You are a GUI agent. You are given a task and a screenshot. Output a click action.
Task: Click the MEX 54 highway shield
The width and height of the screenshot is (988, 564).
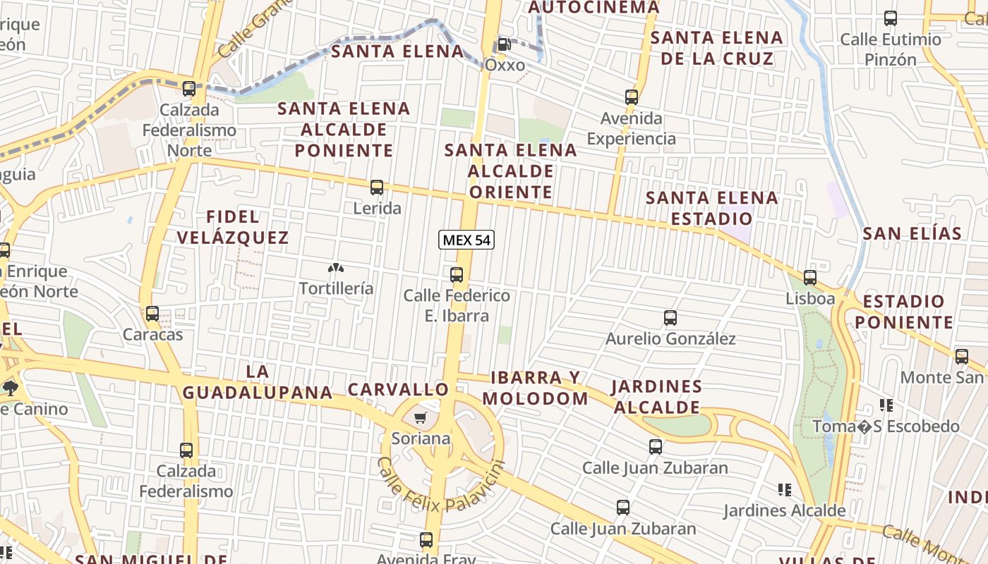[x=466, y=240]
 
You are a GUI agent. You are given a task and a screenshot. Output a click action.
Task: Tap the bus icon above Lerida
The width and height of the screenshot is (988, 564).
[x=377, y=188]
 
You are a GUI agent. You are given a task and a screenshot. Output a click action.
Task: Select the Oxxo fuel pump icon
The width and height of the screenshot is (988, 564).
[x=504, y=44]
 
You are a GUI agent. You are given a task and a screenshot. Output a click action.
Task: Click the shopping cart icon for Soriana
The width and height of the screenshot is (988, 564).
[x=421, y=419]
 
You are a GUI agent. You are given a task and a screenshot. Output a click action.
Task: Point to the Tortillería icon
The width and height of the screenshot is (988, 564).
[x=336, y=269]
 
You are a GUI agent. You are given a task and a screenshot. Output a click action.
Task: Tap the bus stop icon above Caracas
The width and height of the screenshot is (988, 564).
[x=152, y=314]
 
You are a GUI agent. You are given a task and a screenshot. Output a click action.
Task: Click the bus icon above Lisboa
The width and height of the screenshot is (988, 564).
[x=810, y=278]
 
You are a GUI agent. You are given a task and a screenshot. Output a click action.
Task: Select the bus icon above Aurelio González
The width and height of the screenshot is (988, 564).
[x=670, y=318]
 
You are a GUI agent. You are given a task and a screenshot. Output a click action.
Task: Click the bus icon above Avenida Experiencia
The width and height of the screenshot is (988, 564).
[x=632, y=97]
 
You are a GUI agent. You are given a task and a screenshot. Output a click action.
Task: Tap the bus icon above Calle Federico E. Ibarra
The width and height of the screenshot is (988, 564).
[x=457, y=275]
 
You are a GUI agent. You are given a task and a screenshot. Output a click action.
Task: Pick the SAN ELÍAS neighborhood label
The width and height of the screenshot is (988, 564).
[x=912, y=233]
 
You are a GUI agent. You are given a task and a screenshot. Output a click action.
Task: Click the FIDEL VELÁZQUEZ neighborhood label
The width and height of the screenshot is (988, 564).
[x=233, y=227]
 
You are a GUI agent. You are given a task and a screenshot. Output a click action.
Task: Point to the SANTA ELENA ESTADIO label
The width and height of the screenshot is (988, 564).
[x=711, y=208]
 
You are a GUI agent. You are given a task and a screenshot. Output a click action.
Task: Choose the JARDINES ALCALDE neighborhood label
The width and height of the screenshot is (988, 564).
[x=656, y=397]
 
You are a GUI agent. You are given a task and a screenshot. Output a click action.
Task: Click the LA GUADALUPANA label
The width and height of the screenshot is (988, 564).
[x=258, y=382]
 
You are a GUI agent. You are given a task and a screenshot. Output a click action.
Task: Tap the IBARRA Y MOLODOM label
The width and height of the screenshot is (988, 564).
[x=535, y=388]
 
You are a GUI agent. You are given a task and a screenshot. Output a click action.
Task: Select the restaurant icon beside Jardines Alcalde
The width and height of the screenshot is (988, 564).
[x=784, y=489]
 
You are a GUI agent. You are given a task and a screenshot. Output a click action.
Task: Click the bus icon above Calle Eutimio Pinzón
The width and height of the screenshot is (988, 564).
[x=891, y=18]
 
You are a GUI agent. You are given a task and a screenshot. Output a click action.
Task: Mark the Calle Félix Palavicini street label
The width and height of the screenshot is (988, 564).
[x=441, y=486]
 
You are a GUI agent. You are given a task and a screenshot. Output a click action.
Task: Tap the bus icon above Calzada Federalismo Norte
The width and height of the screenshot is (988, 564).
[x=188, y=89]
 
